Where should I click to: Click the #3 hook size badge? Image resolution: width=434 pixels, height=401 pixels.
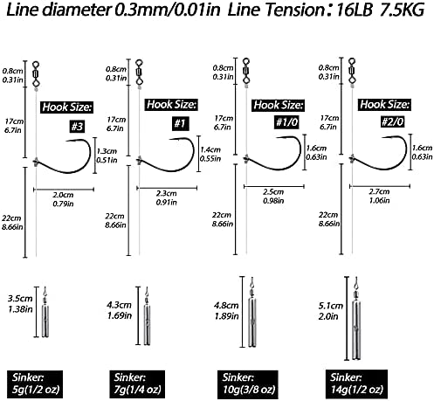tap(77, 127)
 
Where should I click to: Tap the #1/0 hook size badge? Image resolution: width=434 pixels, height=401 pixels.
tap(286, 122)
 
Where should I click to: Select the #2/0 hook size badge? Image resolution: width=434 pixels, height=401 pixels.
tap(392, 121)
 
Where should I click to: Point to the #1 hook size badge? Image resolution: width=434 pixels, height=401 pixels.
tap(180, 123)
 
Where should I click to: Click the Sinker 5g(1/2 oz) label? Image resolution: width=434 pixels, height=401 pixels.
tap(35, 384)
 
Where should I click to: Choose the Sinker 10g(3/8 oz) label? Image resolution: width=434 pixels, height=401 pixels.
tap(248, 384)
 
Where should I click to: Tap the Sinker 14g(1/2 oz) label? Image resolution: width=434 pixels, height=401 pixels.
tap(356, 384)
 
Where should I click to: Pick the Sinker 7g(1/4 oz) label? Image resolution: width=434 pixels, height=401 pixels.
tap(137, 384)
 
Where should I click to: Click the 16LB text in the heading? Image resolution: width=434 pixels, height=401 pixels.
tap(355, 10)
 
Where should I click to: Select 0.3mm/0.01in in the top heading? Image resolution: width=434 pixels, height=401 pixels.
tap(167, 10)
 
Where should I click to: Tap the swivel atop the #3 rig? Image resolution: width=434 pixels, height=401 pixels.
tap(36, 73)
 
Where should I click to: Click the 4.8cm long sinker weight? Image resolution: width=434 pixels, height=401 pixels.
tap(252, 312)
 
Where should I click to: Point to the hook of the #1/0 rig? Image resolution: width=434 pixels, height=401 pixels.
tap(272, 153)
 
